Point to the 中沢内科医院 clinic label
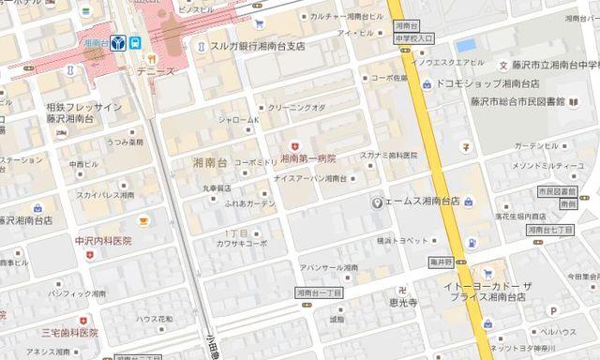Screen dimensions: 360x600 pyautogui.click(x=103, y=241)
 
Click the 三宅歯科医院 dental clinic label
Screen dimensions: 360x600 pyautogui.click(x=68, y=332)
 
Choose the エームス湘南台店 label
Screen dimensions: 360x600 pyautogui.click(x=421, y=202)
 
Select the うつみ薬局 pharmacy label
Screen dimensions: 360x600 pyautogui.click(x=124, y=142)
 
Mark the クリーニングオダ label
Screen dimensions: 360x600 pyautogui.click(x=297, y=109)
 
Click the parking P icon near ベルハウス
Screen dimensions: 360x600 pyautogui.click(x=553, y=309)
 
